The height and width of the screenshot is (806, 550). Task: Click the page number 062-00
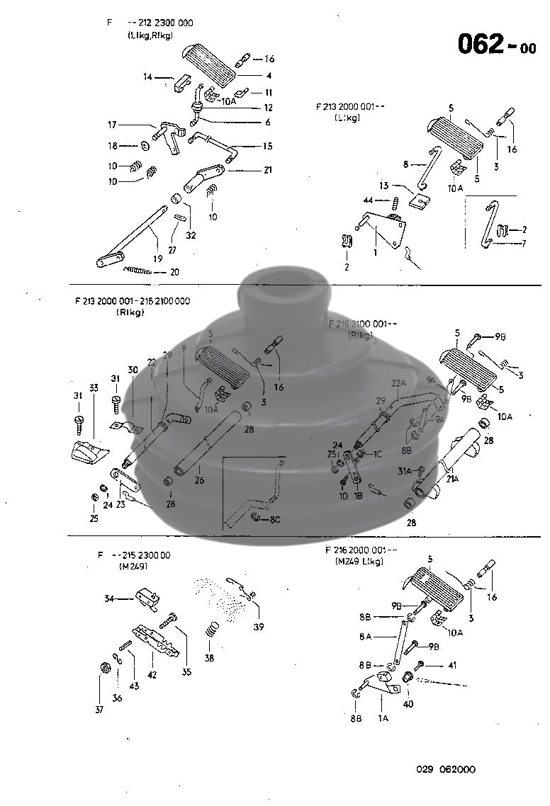[x=496, y=44]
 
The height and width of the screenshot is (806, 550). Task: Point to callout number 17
[x=112, y=125]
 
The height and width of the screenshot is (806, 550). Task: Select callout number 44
[x=368, y=200]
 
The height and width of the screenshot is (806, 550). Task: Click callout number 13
[x=383, y=186]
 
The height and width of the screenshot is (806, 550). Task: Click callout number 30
[x=132, y=369]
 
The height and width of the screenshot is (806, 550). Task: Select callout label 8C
[x=274, y=519]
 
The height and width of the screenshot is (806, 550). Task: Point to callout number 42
[x=152, y=674]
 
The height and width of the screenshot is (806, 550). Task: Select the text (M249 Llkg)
[x=359, y=562]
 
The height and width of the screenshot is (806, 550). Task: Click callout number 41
[x=452, y=666]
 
